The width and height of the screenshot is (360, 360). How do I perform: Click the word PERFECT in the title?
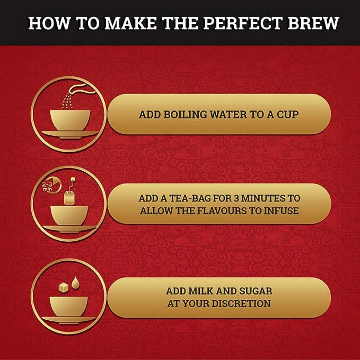pyautogui.click(x=243, y=23)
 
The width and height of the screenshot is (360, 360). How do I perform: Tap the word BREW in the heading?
pyautogui.click(x=313, y=23)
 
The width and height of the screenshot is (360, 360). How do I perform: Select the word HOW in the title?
pyautogui.click(x=49, y=23)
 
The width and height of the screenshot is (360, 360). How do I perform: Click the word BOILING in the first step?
pyautogui.click(x=185, y=114)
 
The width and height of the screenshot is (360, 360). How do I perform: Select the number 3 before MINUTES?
pyautogui.click(x=236, y=198)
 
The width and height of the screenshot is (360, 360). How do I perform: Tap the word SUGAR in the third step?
pyautogui.click(x=256, y=291)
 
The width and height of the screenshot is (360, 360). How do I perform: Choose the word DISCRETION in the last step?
pyautogui.click(x=241, y=303)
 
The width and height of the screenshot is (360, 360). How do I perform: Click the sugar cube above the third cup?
pyautogui.click(x=64, y=287)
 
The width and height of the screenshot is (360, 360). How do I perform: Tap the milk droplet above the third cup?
pyautogui.click(x=76, y=283)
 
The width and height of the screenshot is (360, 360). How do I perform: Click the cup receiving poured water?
pyautogui.click(x=70, y=120)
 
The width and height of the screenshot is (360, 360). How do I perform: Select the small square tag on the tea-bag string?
pyautogui.click(x=73, y=179)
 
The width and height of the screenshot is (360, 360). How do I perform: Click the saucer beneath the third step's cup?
pyautogui.click(x=69, y=320)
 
